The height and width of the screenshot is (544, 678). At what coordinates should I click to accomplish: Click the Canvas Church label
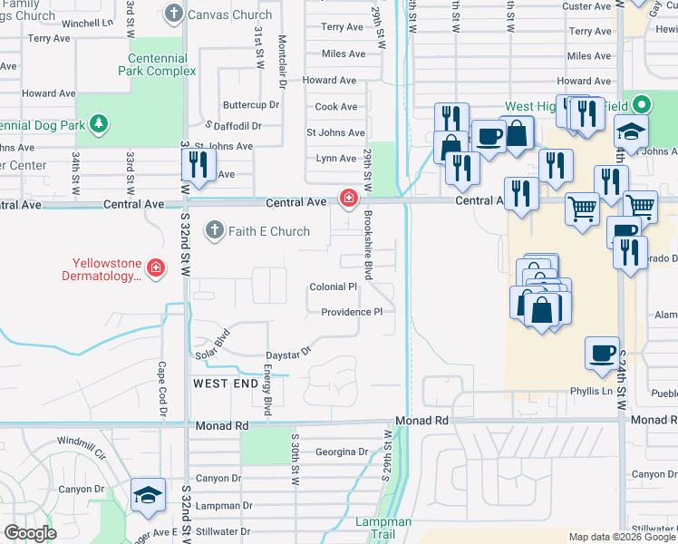(229, 15)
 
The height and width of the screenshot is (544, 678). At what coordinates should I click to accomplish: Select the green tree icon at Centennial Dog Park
(98, 124)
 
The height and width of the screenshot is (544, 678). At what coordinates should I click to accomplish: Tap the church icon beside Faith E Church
(214, 231)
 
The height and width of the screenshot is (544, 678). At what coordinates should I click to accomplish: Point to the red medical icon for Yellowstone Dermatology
(156, 267)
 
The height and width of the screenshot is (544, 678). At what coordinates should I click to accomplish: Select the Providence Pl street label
(352, 312)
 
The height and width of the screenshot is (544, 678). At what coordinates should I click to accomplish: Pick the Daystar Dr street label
(288, 352)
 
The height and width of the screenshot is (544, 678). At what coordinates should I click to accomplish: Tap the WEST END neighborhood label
(225, 384)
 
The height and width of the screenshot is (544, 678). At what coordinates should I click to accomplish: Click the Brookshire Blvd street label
(369, 246)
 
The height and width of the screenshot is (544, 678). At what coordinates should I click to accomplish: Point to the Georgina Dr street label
(342, 452)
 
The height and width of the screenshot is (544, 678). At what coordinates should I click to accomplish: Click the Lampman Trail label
(383, 529)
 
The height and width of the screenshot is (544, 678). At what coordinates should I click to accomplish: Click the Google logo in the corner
(30, 533)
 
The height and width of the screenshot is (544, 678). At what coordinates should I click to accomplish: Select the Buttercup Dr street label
(251, 105)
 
